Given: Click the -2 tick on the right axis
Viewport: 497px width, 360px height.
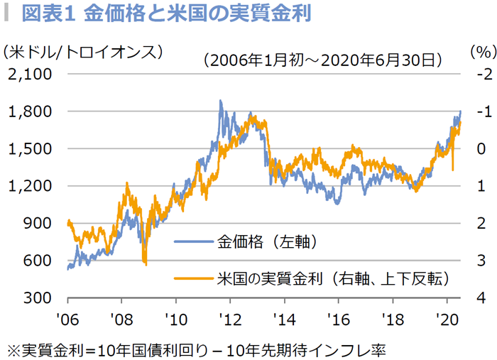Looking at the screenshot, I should (x=485, y=74).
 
